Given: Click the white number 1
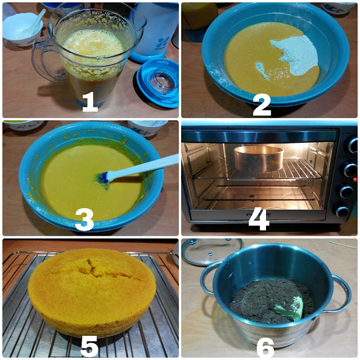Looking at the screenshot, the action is coord(90,102).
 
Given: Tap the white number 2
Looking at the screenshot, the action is coord(262,105).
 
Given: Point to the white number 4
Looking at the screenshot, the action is coord(259,219).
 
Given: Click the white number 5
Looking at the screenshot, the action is coord(89,346).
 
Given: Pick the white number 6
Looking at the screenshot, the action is coord(265,347).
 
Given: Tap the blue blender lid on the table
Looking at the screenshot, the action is coord(158,83).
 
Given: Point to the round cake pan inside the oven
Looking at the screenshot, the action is coord(259,159).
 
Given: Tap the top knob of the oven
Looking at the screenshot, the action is coord(352,145).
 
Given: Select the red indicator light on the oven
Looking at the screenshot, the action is coord(355,179).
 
